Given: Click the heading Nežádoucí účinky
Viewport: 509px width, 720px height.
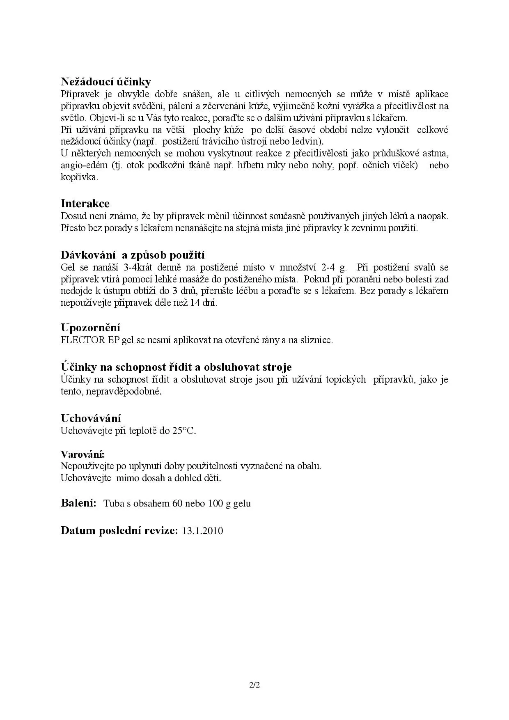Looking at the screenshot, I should [105, 82].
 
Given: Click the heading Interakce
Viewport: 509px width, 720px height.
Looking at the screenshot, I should [85, 204].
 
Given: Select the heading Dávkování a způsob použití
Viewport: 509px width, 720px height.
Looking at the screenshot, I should [132, 255].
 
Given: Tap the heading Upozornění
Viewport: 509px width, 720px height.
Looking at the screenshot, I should [90, 328].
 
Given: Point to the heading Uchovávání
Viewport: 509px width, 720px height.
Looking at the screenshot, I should [91, 418].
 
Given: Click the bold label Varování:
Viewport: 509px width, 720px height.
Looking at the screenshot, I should [82, 454].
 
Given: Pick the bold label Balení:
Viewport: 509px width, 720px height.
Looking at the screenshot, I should [78, 503].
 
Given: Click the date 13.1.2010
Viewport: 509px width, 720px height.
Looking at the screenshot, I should [202, 531].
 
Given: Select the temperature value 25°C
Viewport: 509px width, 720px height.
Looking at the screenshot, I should [183, 431].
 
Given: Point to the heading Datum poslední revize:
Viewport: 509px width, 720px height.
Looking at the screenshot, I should [119, 530].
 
